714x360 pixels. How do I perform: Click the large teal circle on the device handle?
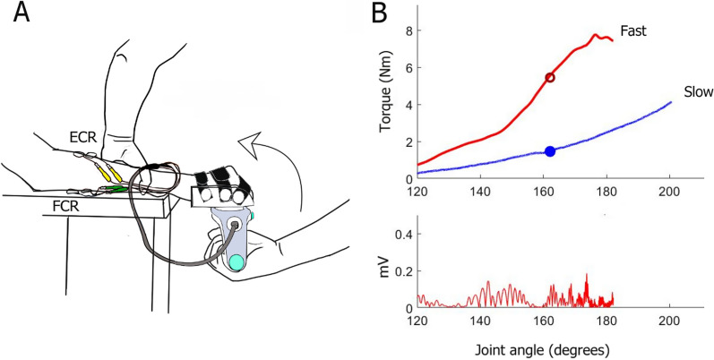click(x=236, y=262)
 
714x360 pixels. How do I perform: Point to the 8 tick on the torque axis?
click(x=406, y=30)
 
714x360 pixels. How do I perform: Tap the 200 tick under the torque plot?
click(x=669, y=192)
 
